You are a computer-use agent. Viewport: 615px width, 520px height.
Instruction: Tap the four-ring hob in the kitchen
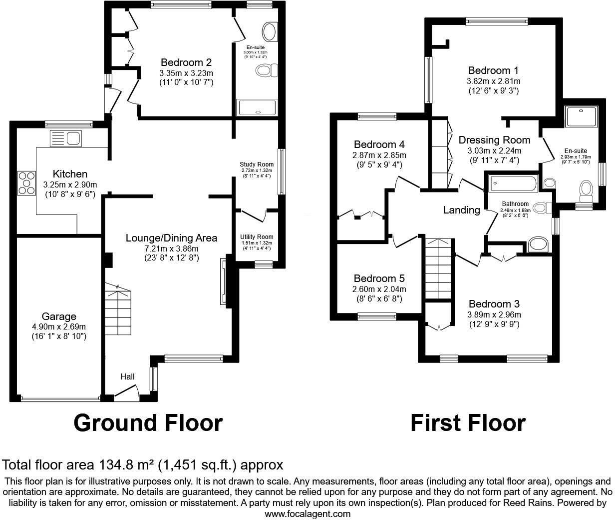(x=26, y=183)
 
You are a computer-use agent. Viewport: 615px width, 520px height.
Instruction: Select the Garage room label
(x=59, y=316)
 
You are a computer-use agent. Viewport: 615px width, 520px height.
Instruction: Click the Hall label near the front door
(x=128, y=376)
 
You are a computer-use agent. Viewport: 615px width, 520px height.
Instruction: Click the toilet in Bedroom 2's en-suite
(x=266, y=70)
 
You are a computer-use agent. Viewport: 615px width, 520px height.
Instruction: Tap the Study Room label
(x=257, y=164)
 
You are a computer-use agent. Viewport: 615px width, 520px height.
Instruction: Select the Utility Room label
(x=257, y=237)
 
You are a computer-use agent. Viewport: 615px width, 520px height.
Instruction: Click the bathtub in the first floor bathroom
(x=513, y=183)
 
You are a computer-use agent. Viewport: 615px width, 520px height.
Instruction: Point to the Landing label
(x=461, y=210)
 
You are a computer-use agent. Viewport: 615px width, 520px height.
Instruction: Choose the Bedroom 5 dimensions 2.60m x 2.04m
(x=379, y=289)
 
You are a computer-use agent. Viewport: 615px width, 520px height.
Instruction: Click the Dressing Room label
(x=494, y=140)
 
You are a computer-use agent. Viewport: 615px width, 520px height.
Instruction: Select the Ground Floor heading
(x=148, y=423)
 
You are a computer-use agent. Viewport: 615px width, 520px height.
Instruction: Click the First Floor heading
(x=468, y=423)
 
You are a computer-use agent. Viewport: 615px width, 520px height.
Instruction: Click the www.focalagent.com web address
(x=307, y=513)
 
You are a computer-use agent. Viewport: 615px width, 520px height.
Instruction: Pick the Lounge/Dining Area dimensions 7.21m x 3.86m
(x=171, y=248)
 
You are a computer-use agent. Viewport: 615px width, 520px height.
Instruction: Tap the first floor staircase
(x=438, y=268)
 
